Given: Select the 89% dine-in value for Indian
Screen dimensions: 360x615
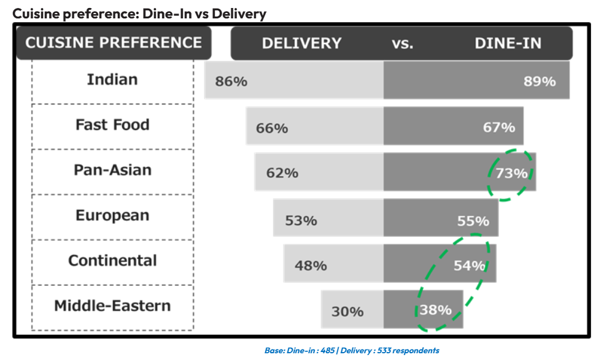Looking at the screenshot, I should (540, 81).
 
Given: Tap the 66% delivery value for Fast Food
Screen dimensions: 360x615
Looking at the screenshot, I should (272, 128).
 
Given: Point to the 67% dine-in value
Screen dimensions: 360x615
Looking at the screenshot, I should (499, 127).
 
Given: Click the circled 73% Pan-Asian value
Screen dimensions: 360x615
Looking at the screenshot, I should (511, 174).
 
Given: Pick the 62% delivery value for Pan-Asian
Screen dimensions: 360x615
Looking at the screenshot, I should (282, 173).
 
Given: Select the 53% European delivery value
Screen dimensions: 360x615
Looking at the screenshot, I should (301, 220).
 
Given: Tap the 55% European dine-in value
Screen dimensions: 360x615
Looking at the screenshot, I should (473, 220).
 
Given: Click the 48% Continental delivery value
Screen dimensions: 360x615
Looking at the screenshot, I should (311, 266).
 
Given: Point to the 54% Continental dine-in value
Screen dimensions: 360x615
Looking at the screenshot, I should (470, 266).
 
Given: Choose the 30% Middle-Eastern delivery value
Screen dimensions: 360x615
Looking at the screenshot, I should (347, 312).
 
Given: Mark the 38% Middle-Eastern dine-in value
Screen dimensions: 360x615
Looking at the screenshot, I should (436, 310).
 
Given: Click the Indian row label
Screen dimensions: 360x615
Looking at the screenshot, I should (112, 79).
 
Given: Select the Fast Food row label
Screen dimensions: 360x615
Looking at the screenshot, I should (112, 124).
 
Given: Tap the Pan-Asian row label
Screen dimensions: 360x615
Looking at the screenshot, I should (112, 170).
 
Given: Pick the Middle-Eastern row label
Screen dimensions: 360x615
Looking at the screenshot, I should (112, 305).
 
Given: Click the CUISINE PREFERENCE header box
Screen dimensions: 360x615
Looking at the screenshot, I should (114, 43).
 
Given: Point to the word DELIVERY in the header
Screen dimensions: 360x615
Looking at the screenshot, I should (301, 44).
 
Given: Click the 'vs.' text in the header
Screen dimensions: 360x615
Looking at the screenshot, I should (402, 44).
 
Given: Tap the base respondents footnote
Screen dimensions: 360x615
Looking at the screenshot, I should (352, 351).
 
